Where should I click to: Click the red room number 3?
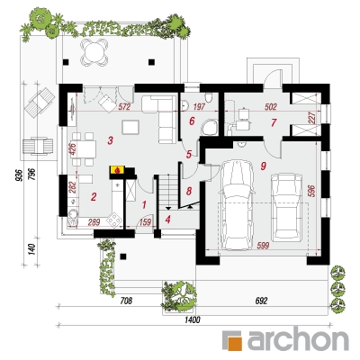pyautogui.click(x=111, y=140)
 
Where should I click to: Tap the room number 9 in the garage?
pyautogui.click(x=264, y=166)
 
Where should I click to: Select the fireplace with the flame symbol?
pyautogui.click(x=117, y=170)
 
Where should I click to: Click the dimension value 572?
pyautogui.click(x=124, y=106)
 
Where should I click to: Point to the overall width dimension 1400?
pyautogui.click(x=192, y=320)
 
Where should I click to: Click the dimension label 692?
pyautogui.click(x=261, y=301)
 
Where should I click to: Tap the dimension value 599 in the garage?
pyautogui.click(x=263, y=246)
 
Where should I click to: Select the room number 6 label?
pyautogui.click(x=192, y=121)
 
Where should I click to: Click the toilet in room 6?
pyautogui.click(x=208, y=97)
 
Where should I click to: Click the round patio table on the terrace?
pyautogui.click(x=94, y=51)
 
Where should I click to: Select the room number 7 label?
pyautogui.click(x=274, y=122)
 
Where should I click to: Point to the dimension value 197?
pyautogui.click(x=198, y=106)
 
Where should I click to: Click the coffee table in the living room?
pyautogui.click(x=130, y=127)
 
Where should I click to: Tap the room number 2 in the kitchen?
pyautogui.click(x=94, y=197)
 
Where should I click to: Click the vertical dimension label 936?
pyautogui.click(x=19, y=175)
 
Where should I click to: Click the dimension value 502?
pyautogui.click(x=271, y=106)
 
